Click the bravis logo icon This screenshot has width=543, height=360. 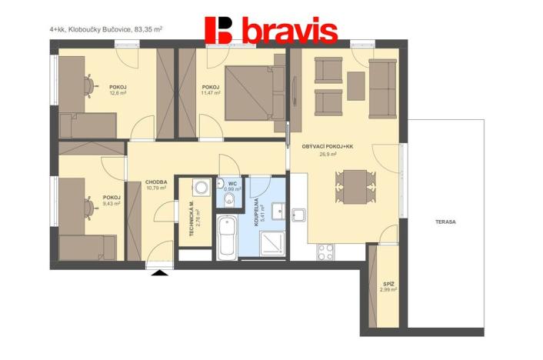(x=219, y=30)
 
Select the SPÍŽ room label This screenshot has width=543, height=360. (x=388, y=284)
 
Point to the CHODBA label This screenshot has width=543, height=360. (x=156, y=182)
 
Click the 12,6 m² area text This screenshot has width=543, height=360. (x=118, y=93)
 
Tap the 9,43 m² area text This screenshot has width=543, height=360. (x=112, y=204)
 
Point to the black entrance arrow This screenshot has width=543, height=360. (x=160, y=272)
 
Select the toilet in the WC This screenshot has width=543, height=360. (x=228, y=201)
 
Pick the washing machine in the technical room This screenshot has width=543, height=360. (x=202, y=187)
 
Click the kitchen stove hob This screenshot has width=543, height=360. (x=325, y=251)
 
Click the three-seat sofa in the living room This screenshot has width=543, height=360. (x=381, y=85)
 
